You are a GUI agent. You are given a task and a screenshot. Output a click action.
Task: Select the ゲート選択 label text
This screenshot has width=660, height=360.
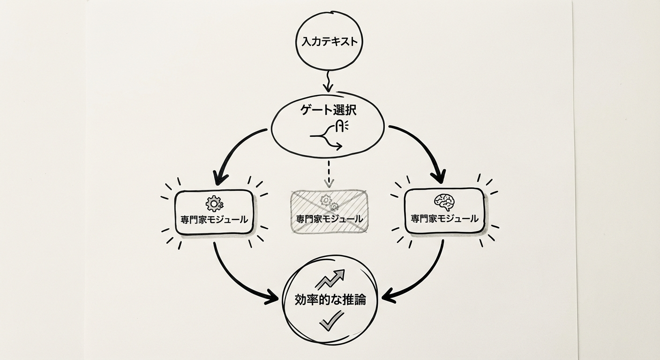328,111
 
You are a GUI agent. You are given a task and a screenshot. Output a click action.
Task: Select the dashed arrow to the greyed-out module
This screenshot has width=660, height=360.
330,174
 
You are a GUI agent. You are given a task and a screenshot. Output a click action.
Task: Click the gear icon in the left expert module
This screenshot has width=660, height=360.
214,203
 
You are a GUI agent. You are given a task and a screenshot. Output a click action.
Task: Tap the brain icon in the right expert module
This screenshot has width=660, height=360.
444,202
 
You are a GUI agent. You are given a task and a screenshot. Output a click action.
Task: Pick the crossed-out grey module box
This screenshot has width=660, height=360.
329,211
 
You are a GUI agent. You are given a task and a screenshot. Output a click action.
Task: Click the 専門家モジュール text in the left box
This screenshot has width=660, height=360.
214,219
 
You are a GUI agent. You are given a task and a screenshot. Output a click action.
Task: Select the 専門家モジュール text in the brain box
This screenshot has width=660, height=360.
444,218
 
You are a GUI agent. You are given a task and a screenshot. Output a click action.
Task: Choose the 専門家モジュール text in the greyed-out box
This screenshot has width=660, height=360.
329,219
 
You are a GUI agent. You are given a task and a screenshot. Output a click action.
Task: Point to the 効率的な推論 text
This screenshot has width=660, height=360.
330,300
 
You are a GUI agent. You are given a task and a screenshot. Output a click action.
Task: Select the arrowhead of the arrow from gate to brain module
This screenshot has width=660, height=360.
439,178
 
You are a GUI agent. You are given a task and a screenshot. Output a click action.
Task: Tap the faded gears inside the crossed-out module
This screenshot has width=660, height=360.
329,202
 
